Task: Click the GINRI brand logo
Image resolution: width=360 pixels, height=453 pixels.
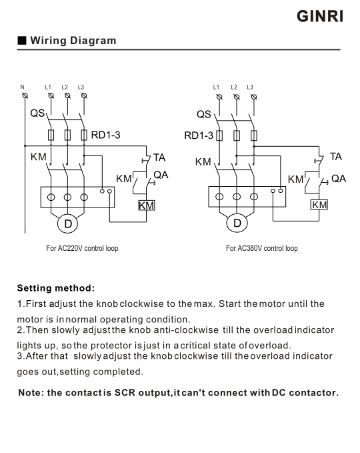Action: click(320, 16)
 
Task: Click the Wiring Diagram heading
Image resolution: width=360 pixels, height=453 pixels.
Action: click(73, 41)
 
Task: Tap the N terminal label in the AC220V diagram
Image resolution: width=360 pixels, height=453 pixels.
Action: click(22, 87)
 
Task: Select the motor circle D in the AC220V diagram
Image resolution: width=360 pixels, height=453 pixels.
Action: click(67, 223)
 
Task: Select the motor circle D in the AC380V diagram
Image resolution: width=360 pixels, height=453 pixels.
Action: click(237, 223)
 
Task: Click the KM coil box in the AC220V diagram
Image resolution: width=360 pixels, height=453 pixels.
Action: click(147, 205)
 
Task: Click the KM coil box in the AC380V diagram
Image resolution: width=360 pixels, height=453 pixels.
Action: click(319, 205)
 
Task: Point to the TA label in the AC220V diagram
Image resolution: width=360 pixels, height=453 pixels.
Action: click(159, 157)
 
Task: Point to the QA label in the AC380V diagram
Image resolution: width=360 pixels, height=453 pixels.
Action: click(339, 179)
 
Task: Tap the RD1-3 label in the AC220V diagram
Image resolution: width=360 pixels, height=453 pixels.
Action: click(105, 135)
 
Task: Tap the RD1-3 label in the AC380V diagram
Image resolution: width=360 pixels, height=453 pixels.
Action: click(199, 135)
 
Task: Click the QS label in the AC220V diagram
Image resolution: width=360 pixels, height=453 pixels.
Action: click(37, 113)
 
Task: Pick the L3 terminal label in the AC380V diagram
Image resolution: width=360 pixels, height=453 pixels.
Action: click(250, 87)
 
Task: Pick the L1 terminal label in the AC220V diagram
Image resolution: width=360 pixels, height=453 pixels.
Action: click(48, 87)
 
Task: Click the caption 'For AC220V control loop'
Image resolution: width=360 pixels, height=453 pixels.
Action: click(82, 248)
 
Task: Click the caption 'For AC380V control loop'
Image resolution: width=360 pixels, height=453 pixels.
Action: click(262, 248)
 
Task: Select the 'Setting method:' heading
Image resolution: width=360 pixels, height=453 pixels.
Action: click(56, 288)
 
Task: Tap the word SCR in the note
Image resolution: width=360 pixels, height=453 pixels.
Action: click(125, 392)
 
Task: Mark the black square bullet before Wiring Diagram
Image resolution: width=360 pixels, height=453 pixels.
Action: click(22, 41)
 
